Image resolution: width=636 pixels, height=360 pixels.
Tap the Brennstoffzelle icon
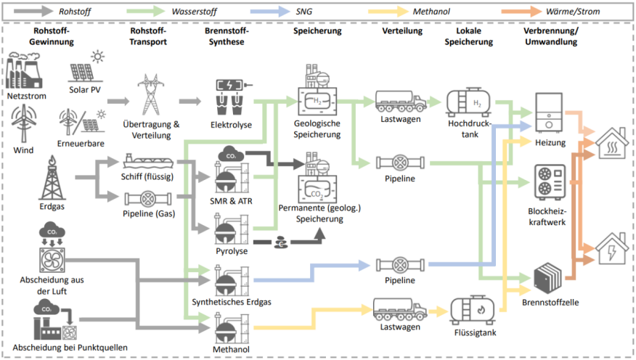tap(549, 277)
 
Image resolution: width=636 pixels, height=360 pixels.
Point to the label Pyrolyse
tap(232, 251)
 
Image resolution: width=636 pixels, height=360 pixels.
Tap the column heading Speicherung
tap(317, 32)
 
